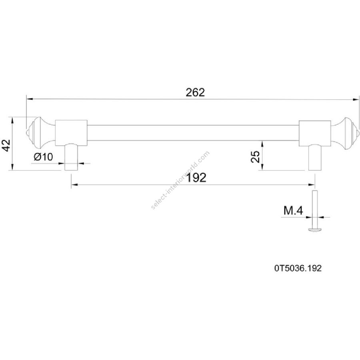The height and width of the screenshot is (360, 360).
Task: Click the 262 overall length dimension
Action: tap(195, 92)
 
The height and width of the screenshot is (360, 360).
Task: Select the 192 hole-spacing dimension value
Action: tap(196, 178)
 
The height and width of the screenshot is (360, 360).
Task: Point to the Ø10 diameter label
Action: tap(43, 157)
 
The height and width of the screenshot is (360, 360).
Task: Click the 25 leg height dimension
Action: tap(255, 156)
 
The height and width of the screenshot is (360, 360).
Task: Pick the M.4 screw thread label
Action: tap(294, 210)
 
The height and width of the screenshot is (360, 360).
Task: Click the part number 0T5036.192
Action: tap(298, 268)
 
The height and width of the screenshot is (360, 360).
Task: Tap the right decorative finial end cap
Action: tap(344, 134)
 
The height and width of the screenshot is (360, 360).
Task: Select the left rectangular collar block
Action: tap(72, 133)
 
